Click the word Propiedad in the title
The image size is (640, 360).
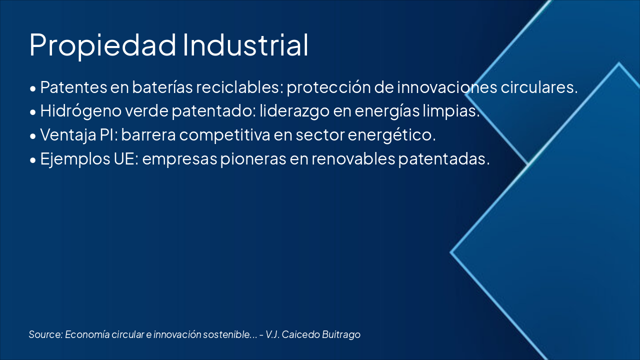pos(102,45)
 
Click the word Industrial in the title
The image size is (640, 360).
pos(245,45)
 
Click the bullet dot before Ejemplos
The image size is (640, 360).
pos(33,160)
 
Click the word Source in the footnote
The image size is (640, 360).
pos(45,334)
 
